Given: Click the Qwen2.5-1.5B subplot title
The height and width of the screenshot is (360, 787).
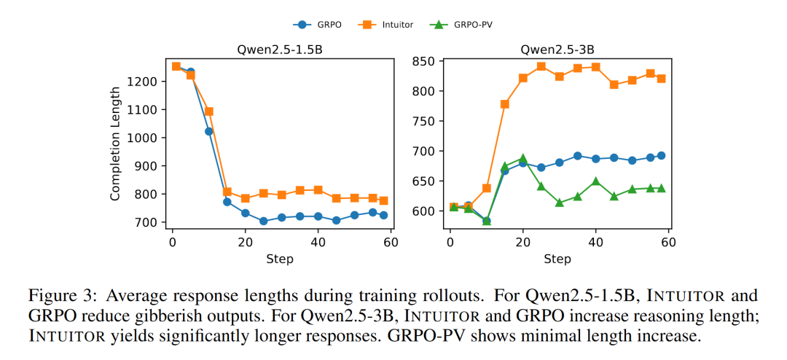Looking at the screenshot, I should [x=280, y=50].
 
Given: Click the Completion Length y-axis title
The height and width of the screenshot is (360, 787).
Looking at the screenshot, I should [x=115, y=144].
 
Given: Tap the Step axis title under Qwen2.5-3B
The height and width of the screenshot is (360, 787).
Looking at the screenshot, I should [x=557, y=259].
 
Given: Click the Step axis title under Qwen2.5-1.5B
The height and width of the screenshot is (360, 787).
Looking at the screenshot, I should [x=281, y=259].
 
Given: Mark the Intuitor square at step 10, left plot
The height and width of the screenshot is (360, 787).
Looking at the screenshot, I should [x=208, y=111].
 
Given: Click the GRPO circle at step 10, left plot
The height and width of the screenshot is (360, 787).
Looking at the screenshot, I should [x=208, y=131].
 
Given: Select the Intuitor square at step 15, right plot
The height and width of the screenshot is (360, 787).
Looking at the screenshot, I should [x=504, y=104].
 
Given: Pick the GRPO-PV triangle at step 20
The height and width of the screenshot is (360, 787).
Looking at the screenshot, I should [x=522, y=158].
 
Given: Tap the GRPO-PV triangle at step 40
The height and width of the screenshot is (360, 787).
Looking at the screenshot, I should [x=596, y=181].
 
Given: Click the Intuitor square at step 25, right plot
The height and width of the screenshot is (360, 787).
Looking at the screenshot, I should [x=541, y=66].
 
